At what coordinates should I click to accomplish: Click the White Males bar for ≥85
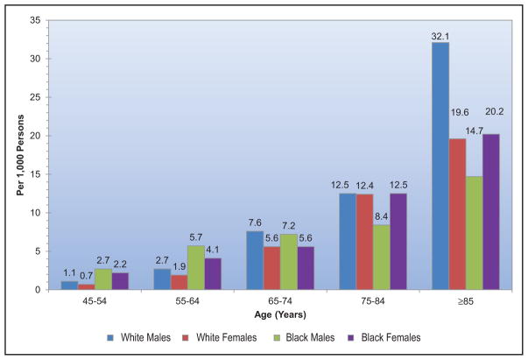(x=440, y=166)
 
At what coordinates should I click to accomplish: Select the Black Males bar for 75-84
(x=382, y=258)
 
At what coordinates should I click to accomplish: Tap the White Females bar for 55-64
(x=180, y=282)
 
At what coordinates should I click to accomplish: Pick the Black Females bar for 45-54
(x=120, y=281)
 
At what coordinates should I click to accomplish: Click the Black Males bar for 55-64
(x=196, y=268)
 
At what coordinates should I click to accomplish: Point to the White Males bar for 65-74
(x=255, y=260)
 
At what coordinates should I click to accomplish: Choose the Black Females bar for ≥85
(x=491, y=212)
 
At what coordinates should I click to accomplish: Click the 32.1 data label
(x=440, y=37)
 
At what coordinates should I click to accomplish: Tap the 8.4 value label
(x=381, y=217)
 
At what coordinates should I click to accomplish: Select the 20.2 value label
(x=495, y=111)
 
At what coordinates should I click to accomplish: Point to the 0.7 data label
(x=86, y=276)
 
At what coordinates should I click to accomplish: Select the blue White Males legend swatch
(x=110, y=338)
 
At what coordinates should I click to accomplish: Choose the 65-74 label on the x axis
(x=280, y=300)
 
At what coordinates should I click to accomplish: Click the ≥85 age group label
(x=466, y=301)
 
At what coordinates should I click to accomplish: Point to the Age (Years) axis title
(x=280, y=314)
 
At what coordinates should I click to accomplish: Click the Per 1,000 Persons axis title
(x=20, y=155)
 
